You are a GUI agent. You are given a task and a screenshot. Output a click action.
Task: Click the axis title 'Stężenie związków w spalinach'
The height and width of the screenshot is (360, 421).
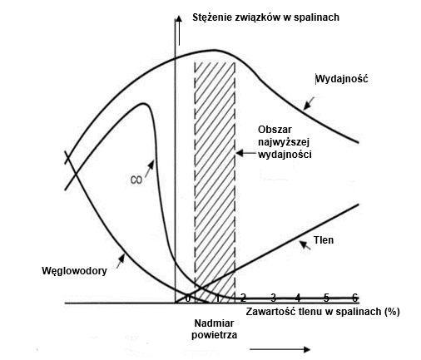[265, 17]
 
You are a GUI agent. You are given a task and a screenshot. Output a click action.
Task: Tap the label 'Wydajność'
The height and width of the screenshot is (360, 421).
[342, 79]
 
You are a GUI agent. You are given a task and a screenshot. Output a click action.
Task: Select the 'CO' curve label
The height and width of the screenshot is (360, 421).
[136, 180]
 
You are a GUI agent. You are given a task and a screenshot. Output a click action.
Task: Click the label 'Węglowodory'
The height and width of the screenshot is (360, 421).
[74, 271]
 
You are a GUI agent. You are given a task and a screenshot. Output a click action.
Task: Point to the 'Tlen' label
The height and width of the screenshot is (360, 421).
[324, 240]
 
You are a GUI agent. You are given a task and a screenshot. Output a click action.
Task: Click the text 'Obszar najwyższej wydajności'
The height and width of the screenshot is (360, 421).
[285, 142]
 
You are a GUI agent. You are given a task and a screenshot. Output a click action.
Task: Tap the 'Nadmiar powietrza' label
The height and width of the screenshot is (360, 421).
[214, 329]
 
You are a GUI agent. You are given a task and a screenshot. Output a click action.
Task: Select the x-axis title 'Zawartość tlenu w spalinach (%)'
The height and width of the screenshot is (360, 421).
[323, 312]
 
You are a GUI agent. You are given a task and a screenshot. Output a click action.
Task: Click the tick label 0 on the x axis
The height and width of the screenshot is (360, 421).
[188, 298]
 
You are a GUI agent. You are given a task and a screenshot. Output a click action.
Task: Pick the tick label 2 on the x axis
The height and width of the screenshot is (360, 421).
[243, 298]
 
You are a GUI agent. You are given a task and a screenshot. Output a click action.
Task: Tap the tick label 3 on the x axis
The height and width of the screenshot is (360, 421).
[274, 298]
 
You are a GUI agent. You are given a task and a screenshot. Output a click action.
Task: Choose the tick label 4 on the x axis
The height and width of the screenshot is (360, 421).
[298, 298]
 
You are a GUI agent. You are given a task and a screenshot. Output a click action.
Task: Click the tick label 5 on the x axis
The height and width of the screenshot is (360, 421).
[326, 298]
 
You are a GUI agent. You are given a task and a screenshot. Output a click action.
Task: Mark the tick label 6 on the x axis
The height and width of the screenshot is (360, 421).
[354, 298]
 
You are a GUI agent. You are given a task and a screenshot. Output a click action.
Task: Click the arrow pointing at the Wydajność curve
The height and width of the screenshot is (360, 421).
[309, 104]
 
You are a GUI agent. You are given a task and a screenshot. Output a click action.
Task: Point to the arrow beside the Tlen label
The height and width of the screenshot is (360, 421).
[305, 245]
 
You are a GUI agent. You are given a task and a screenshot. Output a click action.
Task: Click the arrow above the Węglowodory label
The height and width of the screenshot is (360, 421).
[121, 261]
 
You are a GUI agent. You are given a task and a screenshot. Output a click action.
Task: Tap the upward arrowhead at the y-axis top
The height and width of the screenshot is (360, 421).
[179, 18]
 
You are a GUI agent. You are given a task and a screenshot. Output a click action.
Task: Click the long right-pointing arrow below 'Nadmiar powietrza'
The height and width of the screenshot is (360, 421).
[280, 349]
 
